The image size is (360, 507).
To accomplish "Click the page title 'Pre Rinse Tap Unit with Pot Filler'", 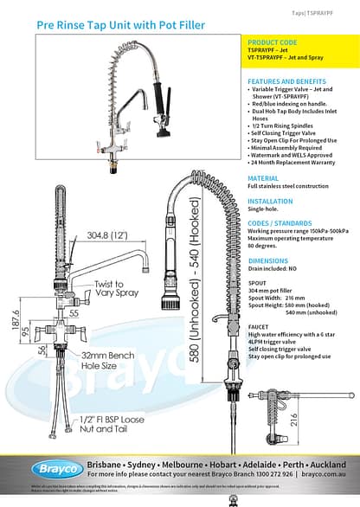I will tap(120, 26).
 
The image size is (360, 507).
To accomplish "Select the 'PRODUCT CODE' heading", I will tap(272, 42).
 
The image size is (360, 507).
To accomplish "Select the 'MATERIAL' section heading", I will tap(263, 177).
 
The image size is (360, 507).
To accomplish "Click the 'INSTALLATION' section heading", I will tap(270, 201).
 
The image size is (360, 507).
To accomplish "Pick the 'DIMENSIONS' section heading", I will tap(267, 260).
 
